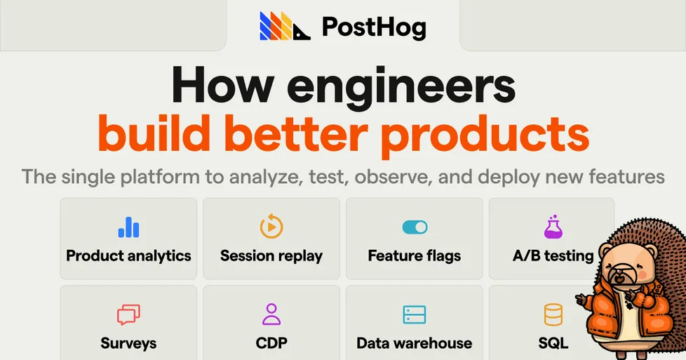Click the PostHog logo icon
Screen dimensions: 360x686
pos(285,27)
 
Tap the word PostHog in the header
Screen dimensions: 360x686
pos(374,27)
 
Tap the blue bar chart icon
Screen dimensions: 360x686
pos(128,227)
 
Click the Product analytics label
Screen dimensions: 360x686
pos(128,255)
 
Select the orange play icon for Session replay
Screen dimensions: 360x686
pos(271,227)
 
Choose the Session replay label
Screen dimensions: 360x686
pos(271,255)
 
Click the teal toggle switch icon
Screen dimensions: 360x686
pos(415,227)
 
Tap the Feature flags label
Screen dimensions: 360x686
pos(415,255)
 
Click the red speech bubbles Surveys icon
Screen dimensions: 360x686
pos(128,314)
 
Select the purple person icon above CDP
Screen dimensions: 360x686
pos(271,314)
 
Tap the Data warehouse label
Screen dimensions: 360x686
pos(415,343)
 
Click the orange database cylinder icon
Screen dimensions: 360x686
pos(553,314)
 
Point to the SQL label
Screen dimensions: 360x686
pos(553,343)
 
